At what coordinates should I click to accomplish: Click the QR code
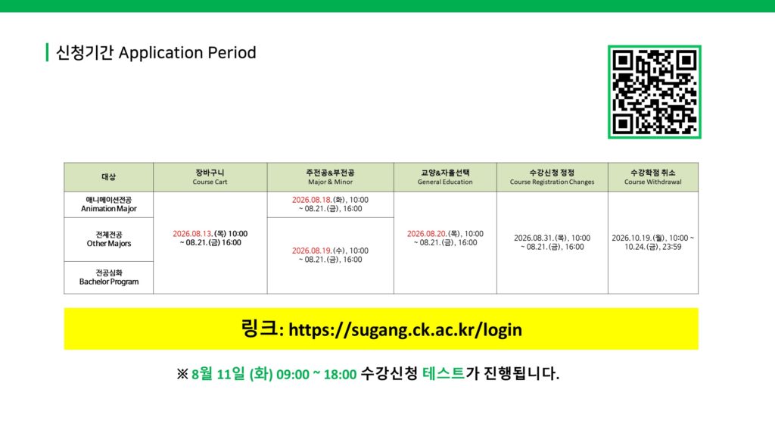coord(655,92)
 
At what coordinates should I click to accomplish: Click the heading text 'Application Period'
coord(188,53)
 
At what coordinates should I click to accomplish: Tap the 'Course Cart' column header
coord(210,177)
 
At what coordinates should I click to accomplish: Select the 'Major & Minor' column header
coord(330,177)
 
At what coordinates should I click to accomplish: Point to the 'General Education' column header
coord(445,177)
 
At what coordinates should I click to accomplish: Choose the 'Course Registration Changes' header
coord(552,177)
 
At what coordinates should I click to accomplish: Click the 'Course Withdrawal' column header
coord(653,177)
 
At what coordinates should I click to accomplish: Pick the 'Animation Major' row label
coord(109,204)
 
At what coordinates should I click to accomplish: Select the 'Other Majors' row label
coord(109,239)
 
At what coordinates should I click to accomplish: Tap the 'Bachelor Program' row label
coord(109,277)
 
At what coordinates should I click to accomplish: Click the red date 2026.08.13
coord(192,234)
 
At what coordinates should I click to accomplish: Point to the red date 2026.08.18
coord(311,200)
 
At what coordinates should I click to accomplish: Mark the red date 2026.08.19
coord(311,251)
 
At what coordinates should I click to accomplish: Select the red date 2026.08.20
coord(427,234)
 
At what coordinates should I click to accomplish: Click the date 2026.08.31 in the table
coord(534,238)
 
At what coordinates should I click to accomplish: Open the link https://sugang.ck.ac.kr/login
coord(406,330)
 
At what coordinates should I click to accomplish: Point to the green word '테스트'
coord(444,373)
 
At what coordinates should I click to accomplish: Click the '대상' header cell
coord(109,177)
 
